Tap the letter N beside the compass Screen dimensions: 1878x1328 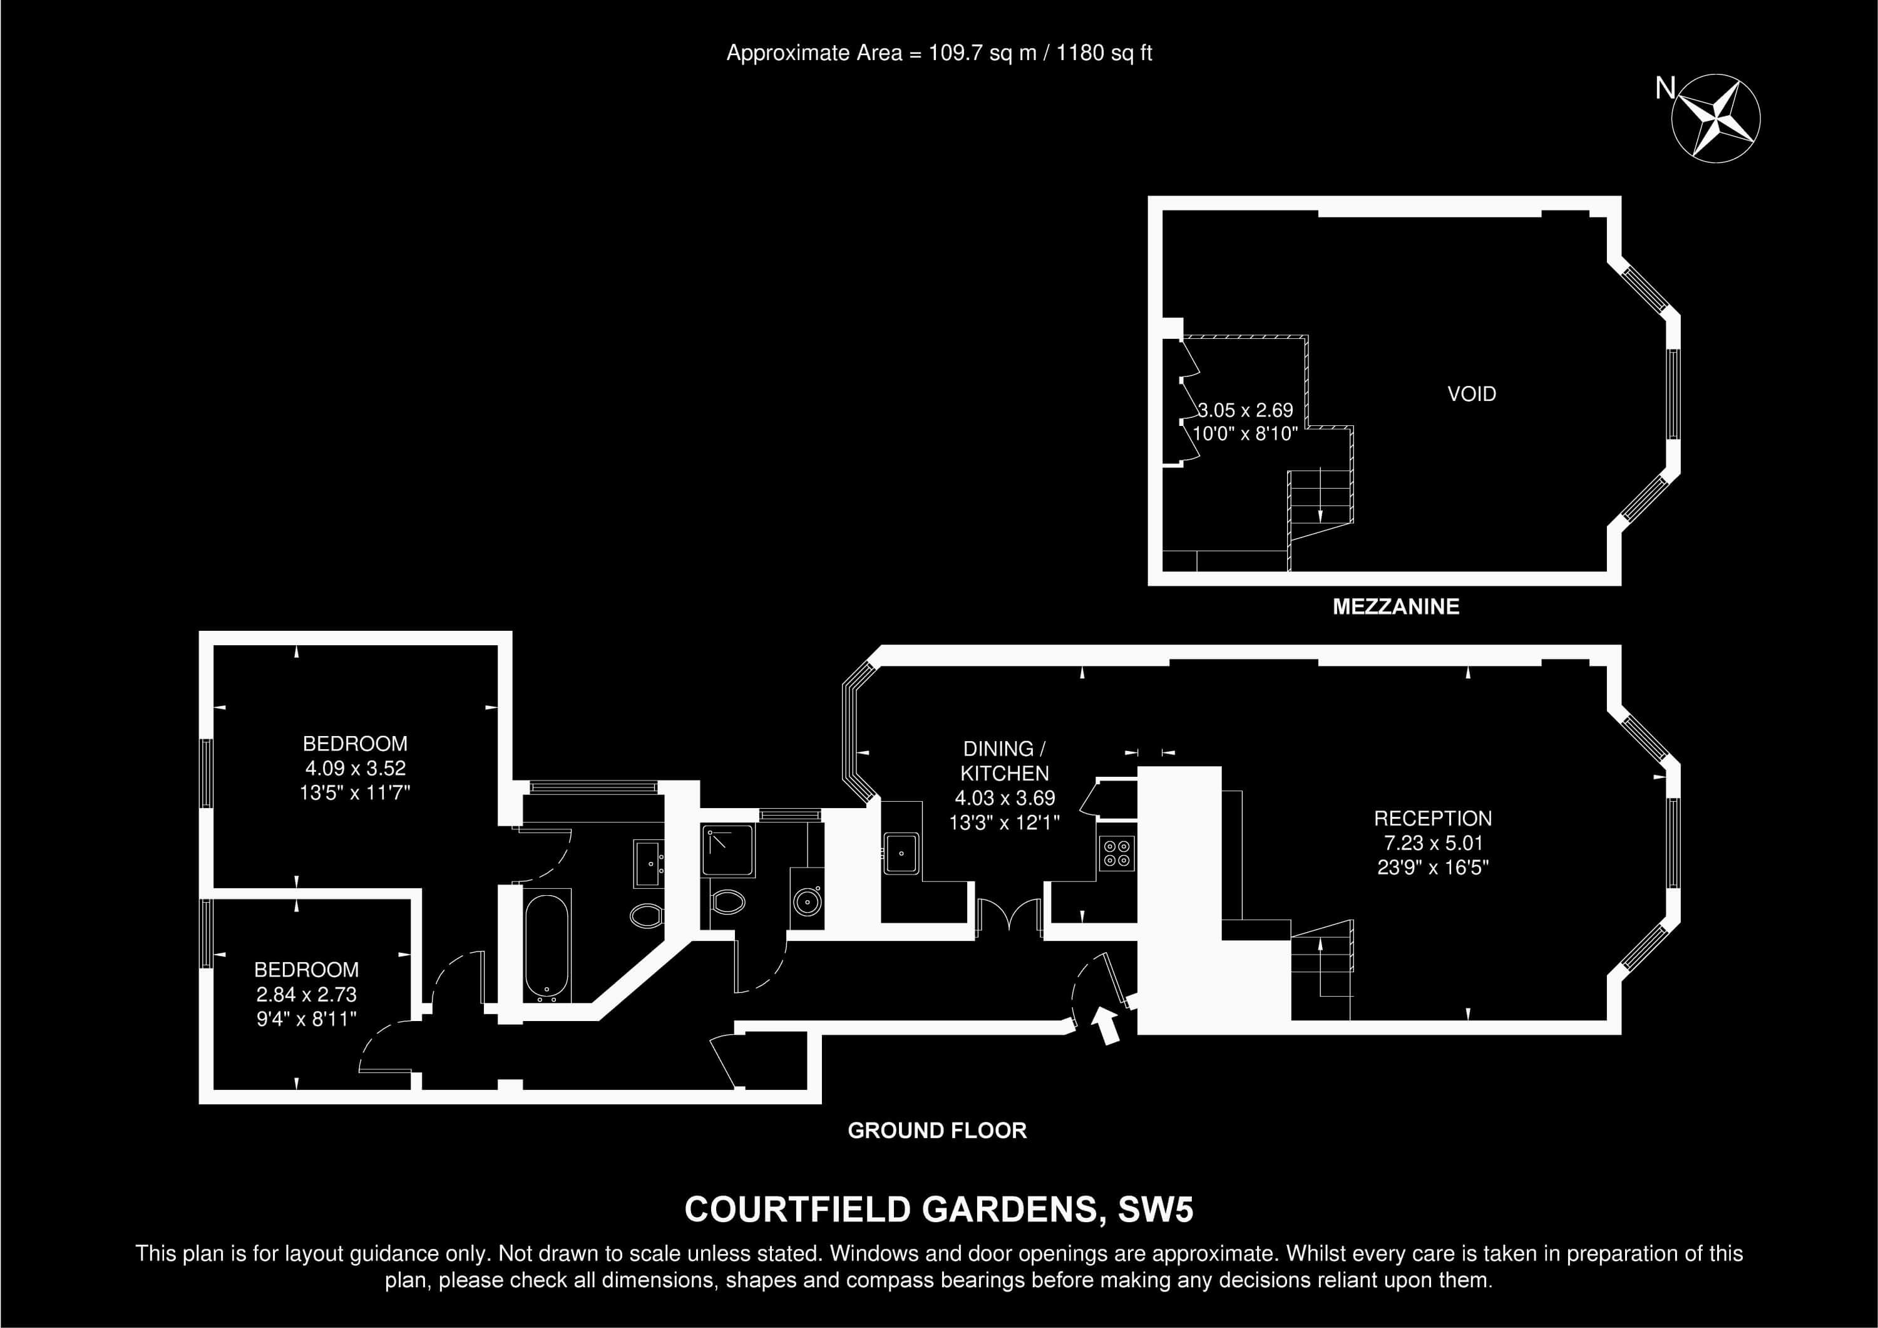[1665, 88]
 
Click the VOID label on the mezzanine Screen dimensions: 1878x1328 [1472, 393]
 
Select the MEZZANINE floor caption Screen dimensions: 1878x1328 [1395, 606]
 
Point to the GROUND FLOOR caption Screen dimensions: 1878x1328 [936, 1130]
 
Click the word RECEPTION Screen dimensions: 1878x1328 [1432, 818]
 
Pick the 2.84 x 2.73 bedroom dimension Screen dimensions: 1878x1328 [306, 994]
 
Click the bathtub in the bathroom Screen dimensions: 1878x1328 [547, 947]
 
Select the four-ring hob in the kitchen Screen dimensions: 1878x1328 [1117, 853]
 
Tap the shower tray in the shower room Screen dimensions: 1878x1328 [728, 851]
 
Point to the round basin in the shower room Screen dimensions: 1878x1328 [806, 901]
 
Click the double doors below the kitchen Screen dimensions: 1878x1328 [1009, 915]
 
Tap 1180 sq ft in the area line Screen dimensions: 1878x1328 [1104, 53]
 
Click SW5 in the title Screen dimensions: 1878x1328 [1156, 1210]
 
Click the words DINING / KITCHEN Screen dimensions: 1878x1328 [1005, 761]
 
